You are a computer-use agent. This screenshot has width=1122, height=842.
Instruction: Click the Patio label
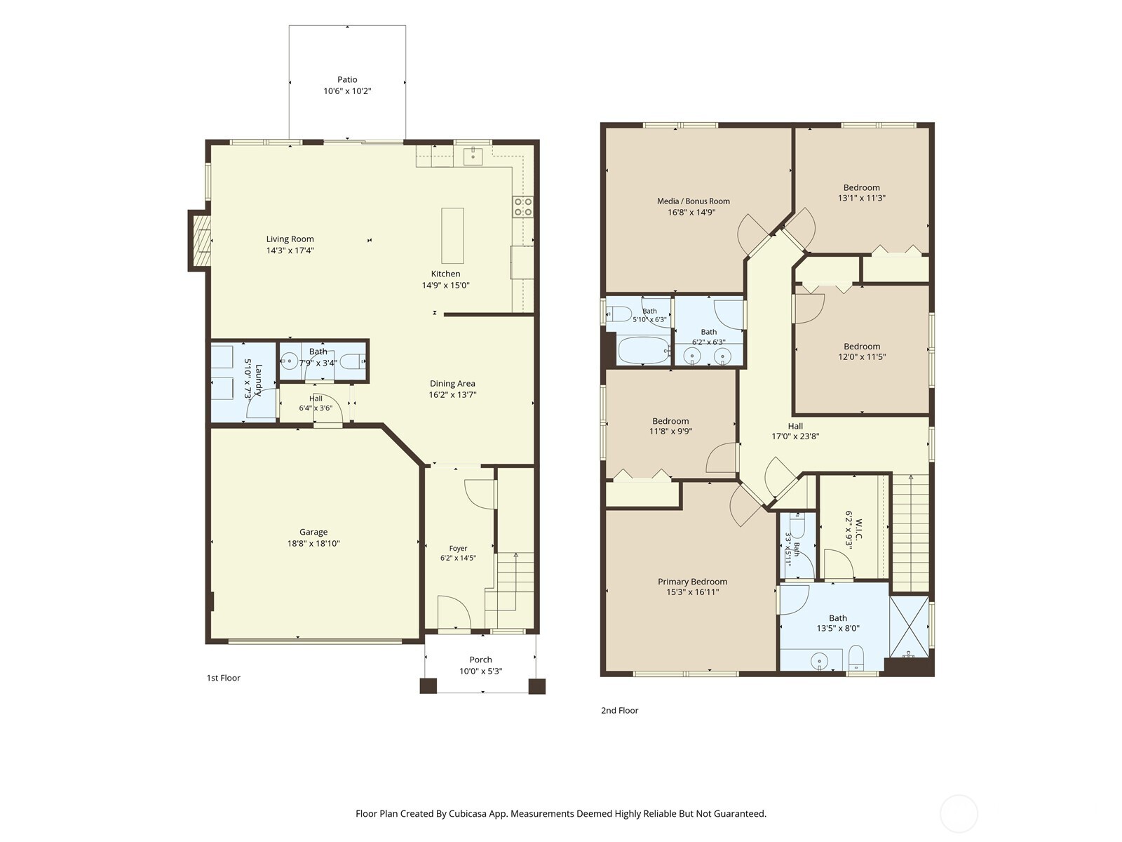(x=347, y=80)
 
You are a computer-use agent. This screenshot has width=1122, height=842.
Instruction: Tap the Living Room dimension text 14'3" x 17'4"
(x=290, y=250)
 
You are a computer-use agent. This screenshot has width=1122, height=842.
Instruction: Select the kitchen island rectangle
(x=452, y=235)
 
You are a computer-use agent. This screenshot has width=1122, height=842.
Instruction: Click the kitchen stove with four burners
(x=523, y=206)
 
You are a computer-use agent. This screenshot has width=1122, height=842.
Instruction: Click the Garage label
(x=313, y=532)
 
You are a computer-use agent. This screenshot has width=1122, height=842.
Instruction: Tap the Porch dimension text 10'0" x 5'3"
(x=480, y=671)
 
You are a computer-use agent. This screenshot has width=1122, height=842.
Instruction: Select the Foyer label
(x=458, y=549)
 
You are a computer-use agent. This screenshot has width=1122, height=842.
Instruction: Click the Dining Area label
(x=452, y=383)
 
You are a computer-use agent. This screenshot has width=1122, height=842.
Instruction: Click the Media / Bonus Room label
(x=693, y=201)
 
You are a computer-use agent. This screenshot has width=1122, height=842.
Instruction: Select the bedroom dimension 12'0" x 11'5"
(x=862, y=357)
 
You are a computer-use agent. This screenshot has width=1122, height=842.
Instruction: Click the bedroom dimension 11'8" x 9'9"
(x=670, y=432)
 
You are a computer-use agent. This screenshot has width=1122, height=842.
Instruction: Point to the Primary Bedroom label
(x=692, y=582)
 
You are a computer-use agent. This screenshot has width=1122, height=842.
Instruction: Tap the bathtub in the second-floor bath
(x=644, y=350)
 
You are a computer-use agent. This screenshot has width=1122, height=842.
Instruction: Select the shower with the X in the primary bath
(x=909, y=627)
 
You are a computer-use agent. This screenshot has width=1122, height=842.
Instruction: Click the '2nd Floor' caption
(x=619, y=711)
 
